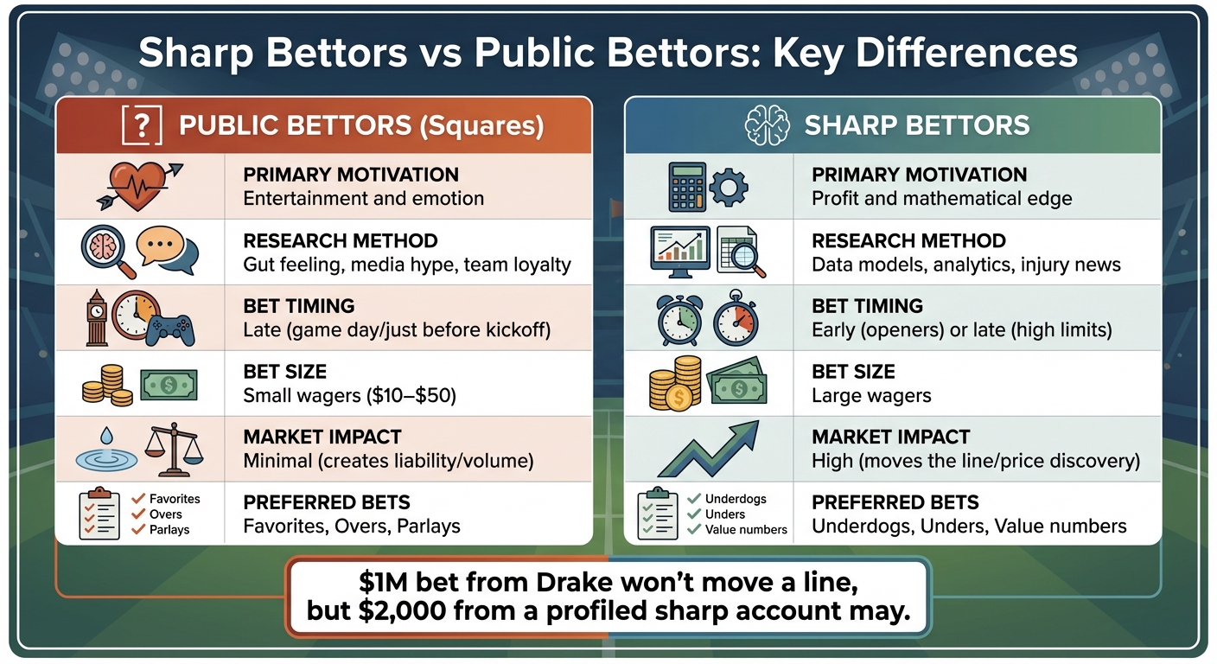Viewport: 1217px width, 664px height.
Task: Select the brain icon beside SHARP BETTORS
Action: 768,126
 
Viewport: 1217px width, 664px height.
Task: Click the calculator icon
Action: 688,186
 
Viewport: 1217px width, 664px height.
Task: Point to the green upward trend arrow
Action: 707,449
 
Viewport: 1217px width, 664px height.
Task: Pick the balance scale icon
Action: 174,450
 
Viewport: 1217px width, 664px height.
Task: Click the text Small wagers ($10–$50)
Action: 349,395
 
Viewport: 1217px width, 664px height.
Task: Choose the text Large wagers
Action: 871,395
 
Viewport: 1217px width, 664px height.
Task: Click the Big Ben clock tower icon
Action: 96,317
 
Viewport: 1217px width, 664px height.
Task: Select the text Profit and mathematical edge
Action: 941,198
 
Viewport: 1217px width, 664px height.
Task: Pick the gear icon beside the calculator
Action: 729,185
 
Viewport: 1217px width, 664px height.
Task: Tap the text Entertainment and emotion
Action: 363,198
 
